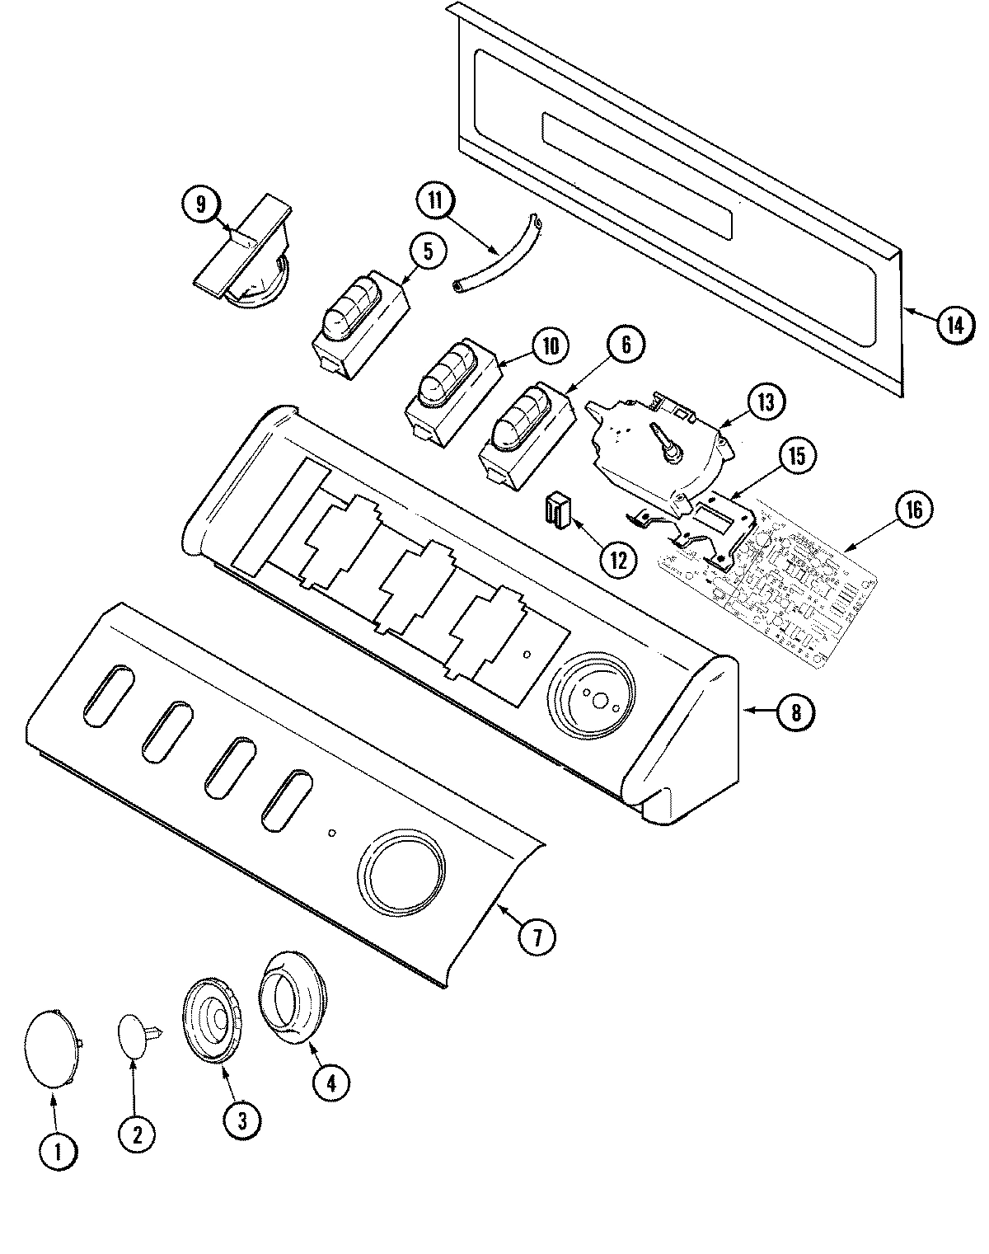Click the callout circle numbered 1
coord(58,1151)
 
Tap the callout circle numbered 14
coord(954,325)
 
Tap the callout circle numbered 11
coord(434,201)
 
